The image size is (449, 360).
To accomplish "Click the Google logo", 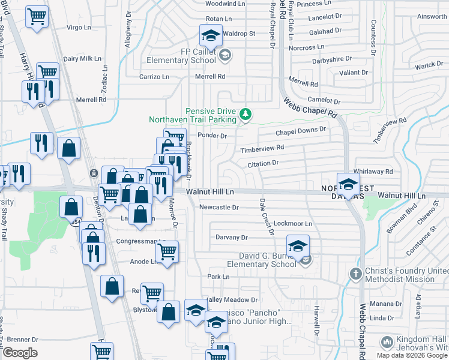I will (20, 353).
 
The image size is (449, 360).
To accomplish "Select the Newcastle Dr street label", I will (219, 208).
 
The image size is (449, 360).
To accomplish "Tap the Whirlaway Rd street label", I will (373, 172).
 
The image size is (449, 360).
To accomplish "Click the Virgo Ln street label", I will (77, 28).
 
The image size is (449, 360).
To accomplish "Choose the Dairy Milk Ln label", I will (82, 59).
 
